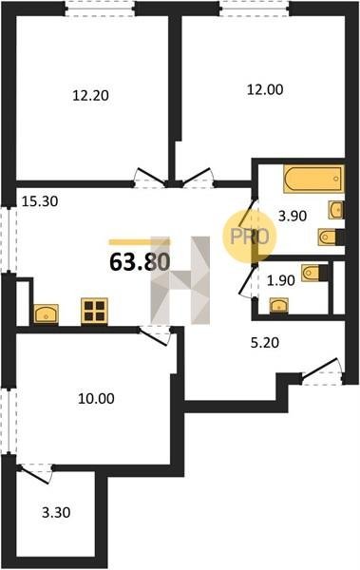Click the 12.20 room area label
click(90, 96)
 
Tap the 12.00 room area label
click(265, 89)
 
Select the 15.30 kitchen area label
click(40, 201)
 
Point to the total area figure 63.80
click(140, 262)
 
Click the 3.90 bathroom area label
click(293, 216)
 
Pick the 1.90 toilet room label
click(280, 280)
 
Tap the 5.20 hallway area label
click(265, 342)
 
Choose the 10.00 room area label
click(96, 398)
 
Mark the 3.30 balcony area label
click(56, 513)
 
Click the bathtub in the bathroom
click(313, 179)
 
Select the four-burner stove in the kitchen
click(94, 311)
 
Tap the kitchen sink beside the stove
click(47, 313)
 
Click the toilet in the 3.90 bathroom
click(331, 237)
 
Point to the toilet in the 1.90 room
click(314, 273)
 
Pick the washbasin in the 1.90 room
click(279, 305)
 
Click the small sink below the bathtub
click(336, 210)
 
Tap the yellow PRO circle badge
click(250, 237)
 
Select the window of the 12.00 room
click(255, 9)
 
